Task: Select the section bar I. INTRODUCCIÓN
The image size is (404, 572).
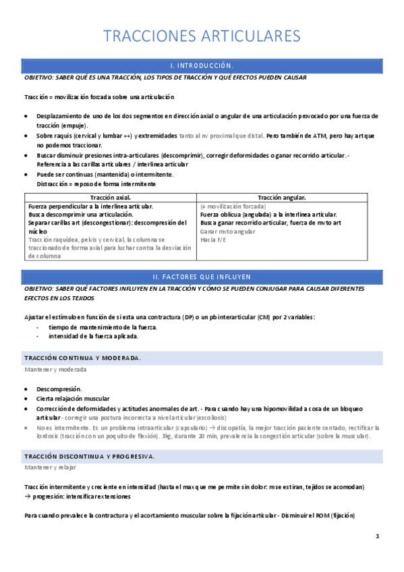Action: (x=202, y=65)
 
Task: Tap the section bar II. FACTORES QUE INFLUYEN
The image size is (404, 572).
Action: (x=202, y=277)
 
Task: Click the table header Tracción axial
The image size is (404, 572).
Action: (x=109, y=198)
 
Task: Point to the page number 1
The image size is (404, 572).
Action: (x=378, y=536)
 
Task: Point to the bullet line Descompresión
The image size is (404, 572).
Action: (x=59, y=389)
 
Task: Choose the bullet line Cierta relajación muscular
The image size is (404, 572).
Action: (x=73, y=399)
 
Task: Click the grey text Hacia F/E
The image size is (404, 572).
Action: (x=213, y=239)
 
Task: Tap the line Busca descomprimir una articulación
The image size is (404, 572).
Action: (x=81, y=214)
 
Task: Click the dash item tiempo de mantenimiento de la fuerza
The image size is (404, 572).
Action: (x=103, y=326)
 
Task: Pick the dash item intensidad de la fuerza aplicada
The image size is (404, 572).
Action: (x=93, y=336)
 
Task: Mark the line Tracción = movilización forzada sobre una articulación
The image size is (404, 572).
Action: (x=99, y=97)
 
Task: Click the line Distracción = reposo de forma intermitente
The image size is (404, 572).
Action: (x=96, y=183)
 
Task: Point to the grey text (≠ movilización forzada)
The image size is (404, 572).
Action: (x=233, y=206)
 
